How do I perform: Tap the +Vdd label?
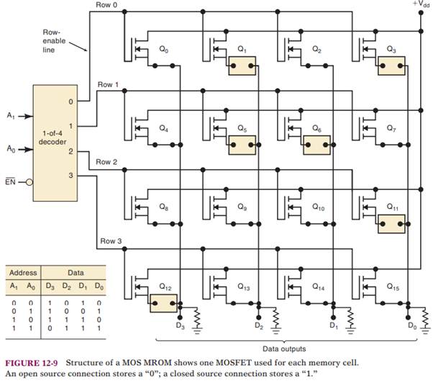point(421,4)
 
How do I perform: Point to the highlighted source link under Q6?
point(316,145)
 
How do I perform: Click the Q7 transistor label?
point(391,128)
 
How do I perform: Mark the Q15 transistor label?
point(392,287)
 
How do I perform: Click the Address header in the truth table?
point(22,274)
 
